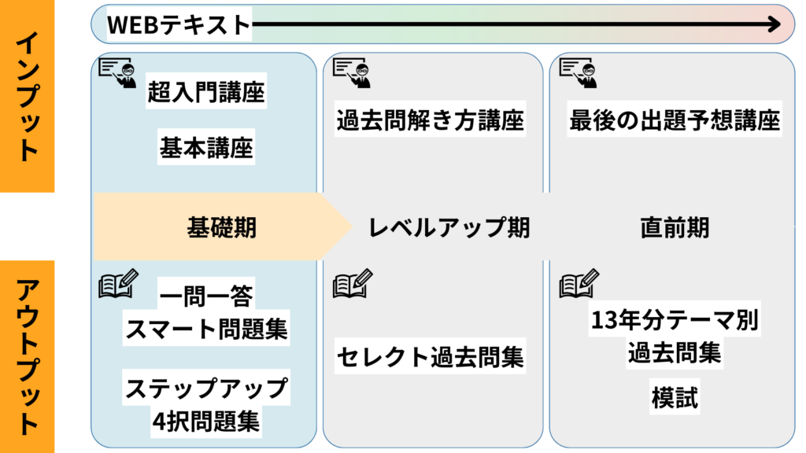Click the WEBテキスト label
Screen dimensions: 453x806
click(178, 24)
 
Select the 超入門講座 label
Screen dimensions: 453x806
click(206, 93)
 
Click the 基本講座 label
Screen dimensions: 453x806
click(206, 147)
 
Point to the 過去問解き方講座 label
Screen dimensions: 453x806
click(430, 120)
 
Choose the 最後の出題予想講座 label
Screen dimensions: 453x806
click(675, 120)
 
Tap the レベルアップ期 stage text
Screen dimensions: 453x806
click(449, 227)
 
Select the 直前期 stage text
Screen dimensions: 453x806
click(675, 227)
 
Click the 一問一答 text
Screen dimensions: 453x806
click(206, 296)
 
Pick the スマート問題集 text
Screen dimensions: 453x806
click(206, 328)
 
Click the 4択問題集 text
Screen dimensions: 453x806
click(206, 422)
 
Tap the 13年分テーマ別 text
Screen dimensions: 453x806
click(675, 322)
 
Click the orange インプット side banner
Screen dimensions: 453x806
click(28, 97)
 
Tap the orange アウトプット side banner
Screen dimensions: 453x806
click(28, 356)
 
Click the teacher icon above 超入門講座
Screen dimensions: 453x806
click(116, 72)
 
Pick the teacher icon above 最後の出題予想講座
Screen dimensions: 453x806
click(578, 72)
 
